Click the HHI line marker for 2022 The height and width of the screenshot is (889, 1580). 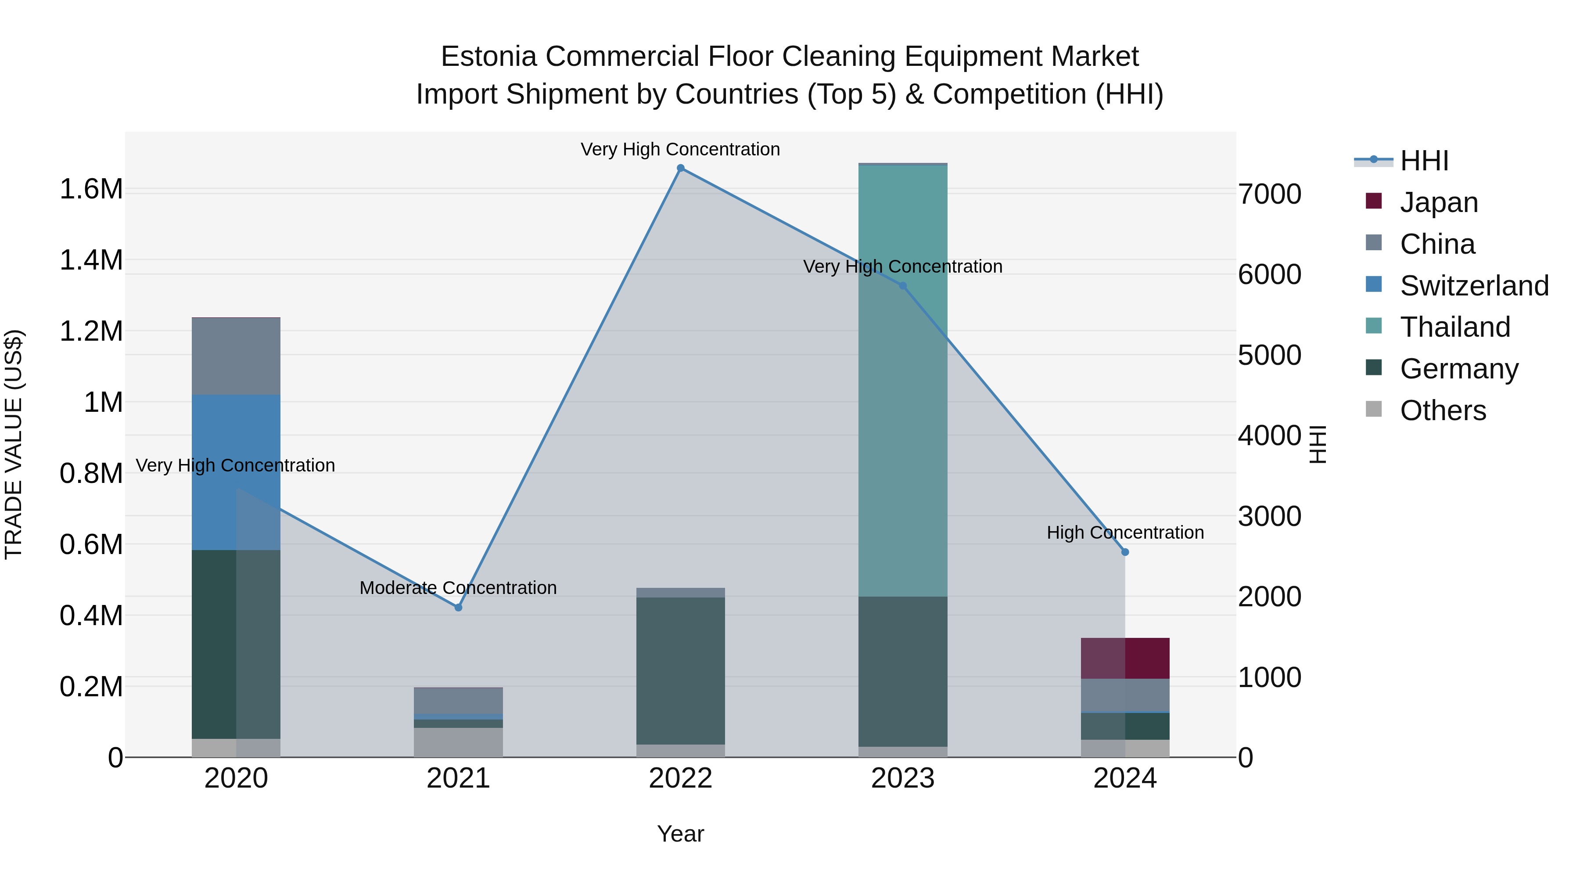pyautogui.click(x=680, y=168)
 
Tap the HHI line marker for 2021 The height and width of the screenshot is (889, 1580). pyautogui.click(x=458, y=608)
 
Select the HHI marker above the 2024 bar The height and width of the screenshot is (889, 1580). pyautogui.click(x=1125, y=552)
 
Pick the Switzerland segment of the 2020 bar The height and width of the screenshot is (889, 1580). pyautogui.click(x=236, y=472)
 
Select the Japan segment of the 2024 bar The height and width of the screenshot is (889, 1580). pyautogui.click(x=1125, y=659)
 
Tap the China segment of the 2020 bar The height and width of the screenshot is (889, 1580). pyautogui.click(x=236, y=356)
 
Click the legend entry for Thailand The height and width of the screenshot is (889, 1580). pyautogui.click(x=1454, y=327)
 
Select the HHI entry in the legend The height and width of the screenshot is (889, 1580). pyautogui.click(x=1424, y=161)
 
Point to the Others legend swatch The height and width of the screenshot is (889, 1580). pyautogui.click(x=1374, y=409)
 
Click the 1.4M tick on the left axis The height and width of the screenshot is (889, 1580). pyautogui.click(x=91, y=260)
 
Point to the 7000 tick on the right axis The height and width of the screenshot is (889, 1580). pyautogui.click(x=1269, y=194)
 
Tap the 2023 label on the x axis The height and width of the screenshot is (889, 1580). pyautogui.click(x=903, y=778)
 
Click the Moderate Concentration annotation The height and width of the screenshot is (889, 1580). pyautogui.click(x=458, y=588)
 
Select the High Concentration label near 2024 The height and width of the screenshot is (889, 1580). pyautogui.click(x=1125, y=533)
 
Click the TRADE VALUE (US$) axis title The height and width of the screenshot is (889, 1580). pyautogui.click(x=14, y=444)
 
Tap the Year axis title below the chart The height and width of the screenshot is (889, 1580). pyautogui.click(x=680, y=834)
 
